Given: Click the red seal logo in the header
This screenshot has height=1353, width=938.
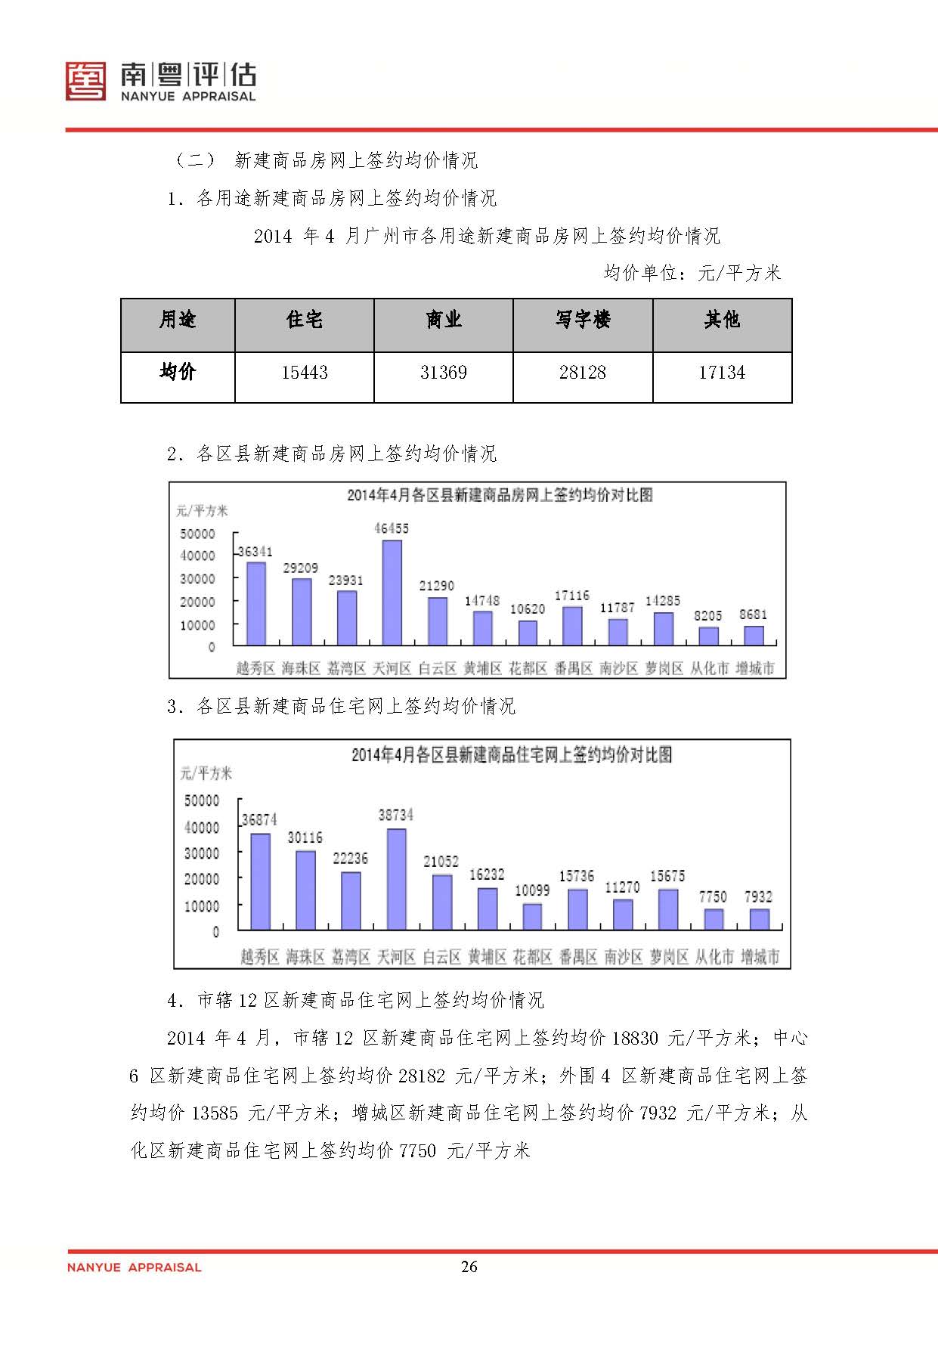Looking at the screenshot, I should [x=85, y=82].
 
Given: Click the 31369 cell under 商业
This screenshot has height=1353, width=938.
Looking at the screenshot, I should [x=444, y=373].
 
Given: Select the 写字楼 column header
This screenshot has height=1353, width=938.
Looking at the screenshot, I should [x=583, y=320].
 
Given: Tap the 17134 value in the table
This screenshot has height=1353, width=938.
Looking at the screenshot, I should [x=722, y=373].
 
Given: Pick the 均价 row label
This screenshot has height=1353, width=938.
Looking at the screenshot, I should [x=178, y=373].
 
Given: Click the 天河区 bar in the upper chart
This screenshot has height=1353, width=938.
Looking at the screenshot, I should [x=392, y=592].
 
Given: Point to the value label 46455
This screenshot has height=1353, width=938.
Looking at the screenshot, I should [x=392, y=529].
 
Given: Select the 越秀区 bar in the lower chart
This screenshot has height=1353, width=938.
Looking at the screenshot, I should [x=260, y=881].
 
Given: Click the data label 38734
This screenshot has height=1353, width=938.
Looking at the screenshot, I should [x=396, y=816].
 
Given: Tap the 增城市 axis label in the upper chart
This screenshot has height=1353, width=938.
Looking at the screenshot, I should [x=754, y=668].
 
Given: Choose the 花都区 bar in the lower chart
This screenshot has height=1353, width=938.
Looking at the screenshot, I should [x=532, y=916].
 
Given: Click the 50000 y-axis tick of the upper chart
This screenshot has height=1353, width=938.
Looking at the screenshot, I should [x=197, y=534].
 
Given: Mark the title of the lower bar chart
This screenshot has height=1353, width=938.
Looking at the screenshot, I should [x=512, y=755].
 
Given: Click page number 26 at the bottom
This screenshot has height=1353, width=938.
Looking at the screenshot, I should [x=469, y=1267].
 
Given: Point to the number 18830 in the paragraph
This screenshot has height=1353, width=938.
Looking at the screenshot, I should [x=635, y=1039].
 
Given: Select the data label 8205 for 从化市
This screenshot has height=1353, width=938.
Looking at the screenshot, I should [x=708, y=616].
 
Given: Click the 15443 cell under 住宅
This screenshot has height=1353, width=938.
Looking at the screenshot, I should [x=305, y=373].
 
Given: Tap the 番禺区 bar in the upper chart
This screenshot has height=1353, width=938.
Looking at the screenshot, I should [x=572, y=626].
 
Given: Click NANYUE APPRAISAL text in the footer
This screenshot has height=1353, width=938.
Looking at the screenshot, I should [x=135, y=1268].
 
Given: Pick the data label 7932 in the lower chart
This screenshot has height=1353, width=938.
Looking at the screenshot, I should [x=758, y=897].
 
